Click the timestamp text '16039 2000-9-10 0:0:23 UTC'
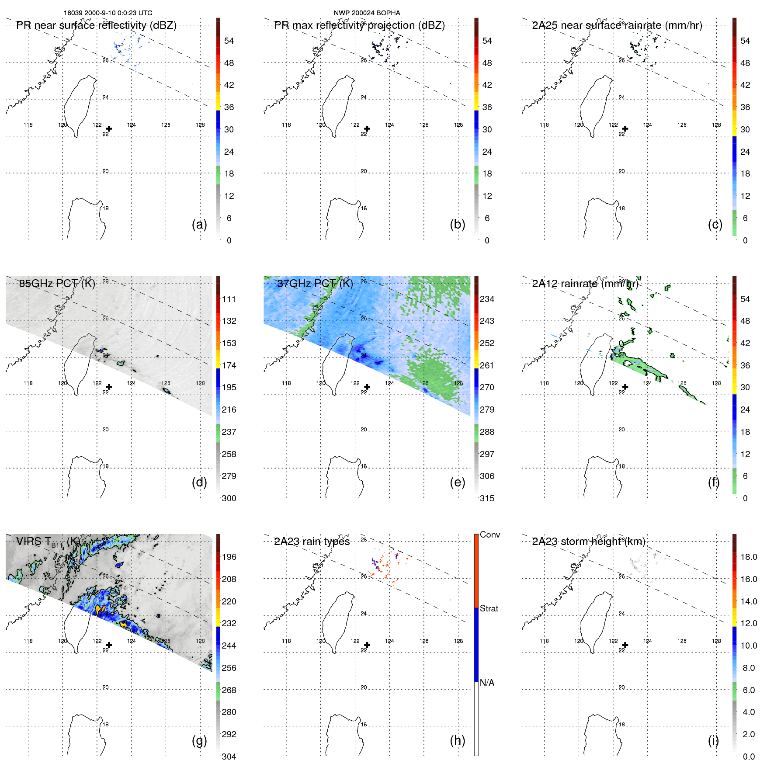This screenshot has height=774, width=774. pyautogui.click(x=108, y=13)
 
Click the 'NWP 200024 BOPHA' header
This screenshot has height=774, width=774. pyautogui.click(x=367, y=13)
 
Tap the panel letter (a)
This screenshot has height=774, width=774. pyautogui.click(x=199, y=224)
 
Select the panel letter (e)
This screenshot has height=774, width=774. pyautogui.click(x=457, y=482)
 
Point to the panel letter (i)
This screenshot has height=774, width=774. pyautogui.click(x=713, y=740)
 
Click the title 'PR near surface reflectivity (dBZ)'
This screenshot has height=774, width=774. pyautogui.click(x=96, y=25)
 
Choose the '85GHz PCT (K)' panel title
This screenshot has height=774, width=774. pyautogui.click(x=57, y=283)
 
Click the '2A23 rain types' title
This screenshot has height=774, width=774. pyautogui.click(x=312, y=541)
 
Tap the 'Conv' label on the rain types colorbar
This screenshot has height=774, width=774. pyautogui.click(x=489, y=535)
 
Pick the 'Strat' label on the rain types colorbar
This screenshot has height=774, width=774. pyautogui.click(x=489, y=608)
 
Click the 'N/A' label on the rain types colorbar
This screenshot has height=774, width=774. pyautogui.click(x=487, y=683)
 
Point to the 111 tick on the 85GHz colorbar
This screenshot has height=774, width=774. pyautogui.click(x=229, y=299)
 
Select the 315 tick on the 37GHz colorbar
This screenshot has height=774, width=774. pyautogui.click(x=487, y=498)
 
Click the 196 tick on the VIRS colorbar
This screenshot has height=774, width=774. pyautogui.click(x=229, y=557)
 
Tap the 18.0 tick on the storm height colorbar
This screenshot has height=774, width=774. pyautogui.click(x=749, y=557)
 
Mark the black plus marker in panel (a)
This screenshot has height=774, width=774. pyautogui.click(x=109, y=129)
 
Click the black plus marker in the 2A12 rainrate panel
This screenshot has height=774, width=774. pyautogui.click(x=625, y=387)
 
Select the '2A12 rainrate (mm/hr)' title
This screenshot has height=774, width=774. pyautogui.click(x=585, y=284)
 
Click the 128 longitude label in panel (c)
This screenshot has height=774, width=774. pyautogui.click(x=716, y=125)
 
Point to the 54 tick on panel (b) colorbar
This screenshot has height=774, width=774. pyautogui.click(x=487, y=41)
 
